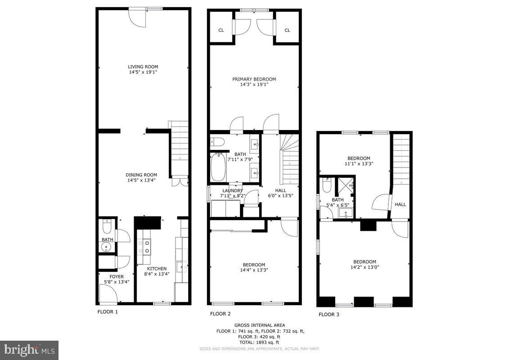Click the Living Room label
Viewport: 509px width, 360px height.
point(143,67)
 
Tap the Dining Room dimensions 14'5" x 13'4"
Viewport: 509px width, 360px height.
point(141,180)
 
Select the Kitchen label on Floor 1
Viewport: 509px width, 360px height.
point(157,269)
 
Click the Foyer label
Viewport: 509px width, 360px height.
point(110,276)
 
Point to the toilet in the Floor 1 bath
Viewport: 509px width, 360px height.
point(107,222)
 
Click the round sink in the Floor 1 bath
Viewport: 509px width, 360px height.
point(107,247)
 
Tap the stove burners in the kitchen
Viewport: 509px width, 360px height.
point(147,246)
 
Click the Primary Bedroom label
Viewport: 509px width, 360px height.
point(254,79)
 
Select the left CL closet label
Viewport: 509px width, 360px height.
point(221,30)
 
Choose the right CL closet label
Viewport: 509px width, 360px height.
point(287,30)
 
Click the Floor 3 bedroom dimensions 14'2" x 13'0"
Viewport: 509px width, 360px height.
point(365,267)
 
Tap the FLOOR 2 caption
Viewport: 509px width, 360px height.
point(221,314)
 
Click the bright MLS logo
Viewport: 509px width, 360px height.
point(29,350)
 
